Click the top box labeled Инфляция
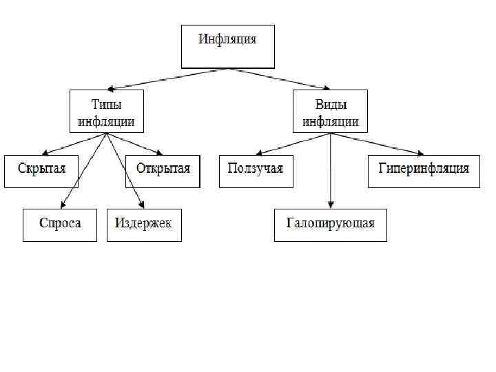coord(227,46)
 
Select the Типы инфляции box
coord(106,112)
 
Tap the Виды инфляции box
coord(331,112)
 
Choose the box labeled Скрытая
coord(41,171)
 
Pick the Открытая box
coord(163,171)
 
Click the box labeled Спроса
coord(60,225)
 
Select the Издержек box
coord(144,225)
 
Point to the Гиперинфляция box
coord(424,171)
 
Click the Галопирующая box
coord(330,225)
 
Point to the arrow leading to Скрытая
coord(72,144)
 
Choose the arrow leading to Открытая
coord(134,144)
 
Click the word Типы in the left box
coord(106,105)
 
